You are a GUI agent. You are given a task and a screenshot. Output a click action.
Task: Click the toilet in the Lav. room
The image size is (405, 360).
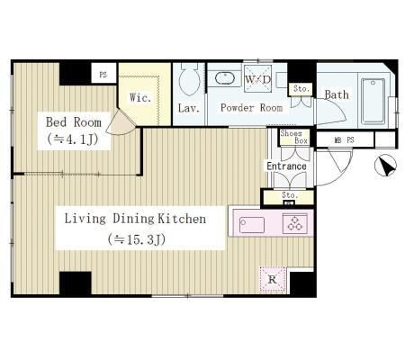(189, 79)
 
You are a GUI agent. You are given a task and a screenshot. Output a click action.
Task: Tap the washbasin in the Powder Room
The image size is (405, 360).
(225, 78)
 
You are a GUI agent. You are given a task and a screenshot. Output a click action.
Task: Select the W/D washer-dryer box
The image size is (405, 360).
(257, 78)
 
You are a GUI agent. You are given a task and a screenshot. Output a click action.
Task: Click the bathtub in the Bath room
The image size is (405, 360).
(373, 101)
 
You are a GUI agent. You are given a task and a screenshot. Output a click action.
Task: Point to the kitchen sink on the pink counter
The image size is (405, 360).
(252, 225)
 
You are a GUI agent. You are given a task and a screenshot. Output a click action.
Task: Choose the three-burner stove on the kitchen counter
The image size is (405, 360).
(295, 223)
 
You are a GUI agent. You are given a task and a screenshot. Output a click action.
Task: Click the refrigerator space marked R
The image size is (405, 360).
(273, 280)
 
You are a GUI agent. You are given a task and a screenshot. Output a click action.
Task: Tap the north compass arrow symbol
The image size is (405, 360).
(386, 165)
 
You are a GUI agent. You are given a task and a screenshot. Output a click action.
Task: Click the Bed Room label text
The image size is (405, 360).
(74, 122)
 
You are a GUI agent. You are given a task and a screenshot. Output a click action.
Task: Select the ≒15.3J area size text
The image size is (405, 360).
(137, 239)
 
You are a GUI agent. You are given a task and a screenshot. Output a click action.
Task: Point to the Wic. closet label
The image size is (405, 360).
(140, 97)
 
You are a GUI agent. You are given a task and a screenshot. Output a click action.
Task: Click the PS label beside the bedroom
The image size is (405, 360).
(103, 75)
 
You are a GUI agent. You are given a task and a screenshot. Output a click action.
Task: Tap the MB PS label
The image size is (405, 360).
(345, 139)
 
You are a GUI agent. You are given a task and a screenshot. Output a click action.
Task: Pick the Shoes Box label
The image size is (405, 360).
(294, 137)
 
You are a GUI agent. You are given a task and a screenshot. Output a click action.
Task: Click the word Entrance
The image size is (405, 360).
(286, 166)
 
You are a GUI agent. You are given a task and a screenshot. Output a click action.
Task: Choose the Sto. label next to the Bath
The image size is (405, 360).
(301, 89)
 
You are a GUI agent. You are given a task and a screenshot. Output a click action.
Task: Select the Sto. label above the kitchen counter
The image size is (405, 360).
(290, 195)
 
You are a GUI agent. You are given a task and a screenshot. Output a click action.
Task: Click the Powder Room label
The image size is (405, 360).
(251, 108)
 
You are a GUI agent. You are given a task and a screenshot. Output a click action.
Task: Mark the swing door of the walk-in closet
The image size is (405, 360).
(121, 123)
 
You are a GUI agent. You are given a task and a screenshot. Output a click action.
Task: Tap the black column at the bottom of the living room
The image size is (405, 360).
(76, 283)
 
